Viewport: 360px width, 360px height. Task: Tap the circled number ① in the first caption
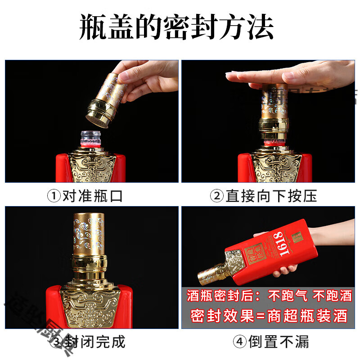[x=54, y=196]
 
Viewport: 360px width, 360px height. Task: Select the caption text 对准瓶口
[x=92, y=196]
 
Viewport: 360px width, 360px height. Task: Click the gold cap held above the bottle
[x=105, y=97]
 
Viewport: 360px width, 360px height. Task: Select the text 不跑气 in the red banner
[x=287, y=296]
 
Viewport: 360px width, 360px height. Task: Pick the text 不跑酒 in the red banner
[x=333, y=296]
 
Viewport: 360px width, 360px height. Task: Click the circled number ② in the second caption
[x=217, y=196]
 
